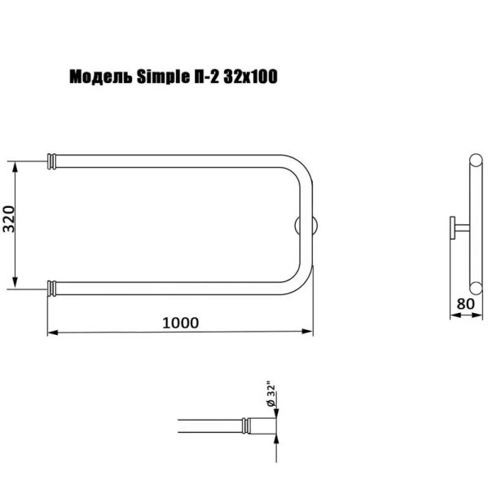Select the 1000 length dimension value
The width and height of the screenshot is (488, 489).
tap(180, 322)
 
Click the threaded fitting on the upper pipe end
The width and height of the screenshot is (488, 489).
tap(52, 161)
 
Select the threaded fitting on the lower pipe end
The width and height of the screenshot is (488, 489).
tap(52, 287)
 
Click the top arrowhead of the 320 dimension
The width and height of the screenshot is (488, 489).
tap(15, 166)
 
